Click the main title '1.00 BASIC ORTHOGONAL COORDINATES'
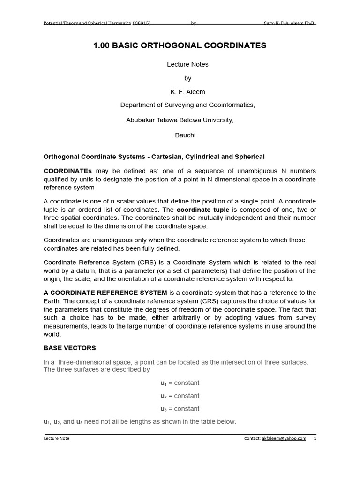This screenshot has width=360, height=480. coord(180,45)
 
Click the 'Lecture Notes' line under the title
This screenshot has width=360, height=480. coord(187,64)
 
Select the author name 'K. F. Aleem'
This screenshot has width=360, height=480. coord(187,92)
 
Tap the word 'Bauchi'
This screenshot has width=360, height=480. coord(185,135)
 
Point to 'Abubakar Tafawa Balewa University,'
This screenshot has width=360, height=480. coord(180,120)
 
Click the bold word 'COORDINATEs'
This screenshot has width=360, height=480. coord(67,171)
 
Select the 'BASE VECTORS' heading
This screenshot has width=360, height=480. coord(69,348)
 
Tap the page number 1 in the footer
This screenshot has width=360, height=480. coord(315,438)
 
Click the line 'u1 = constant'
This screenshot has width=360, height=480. coord(180,383)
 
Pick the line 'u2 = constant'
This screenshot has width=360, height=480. coord(180,396)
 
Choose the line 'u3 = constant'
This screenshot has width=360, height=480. coord(180,409)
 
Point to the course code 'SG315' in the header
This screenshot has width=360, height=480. coord(142,22)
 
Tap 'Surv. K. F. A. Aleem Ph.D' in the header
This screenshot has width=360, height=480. coord(290,22)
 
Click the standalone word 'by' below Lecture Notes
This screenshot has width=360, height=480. coord(187,78)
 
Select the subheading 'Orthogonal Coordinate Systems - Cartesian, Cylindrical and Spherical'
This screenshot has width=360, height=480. coord(154,157)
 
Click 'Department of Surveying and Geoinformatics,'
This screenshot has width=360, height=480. coord(187,105)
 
